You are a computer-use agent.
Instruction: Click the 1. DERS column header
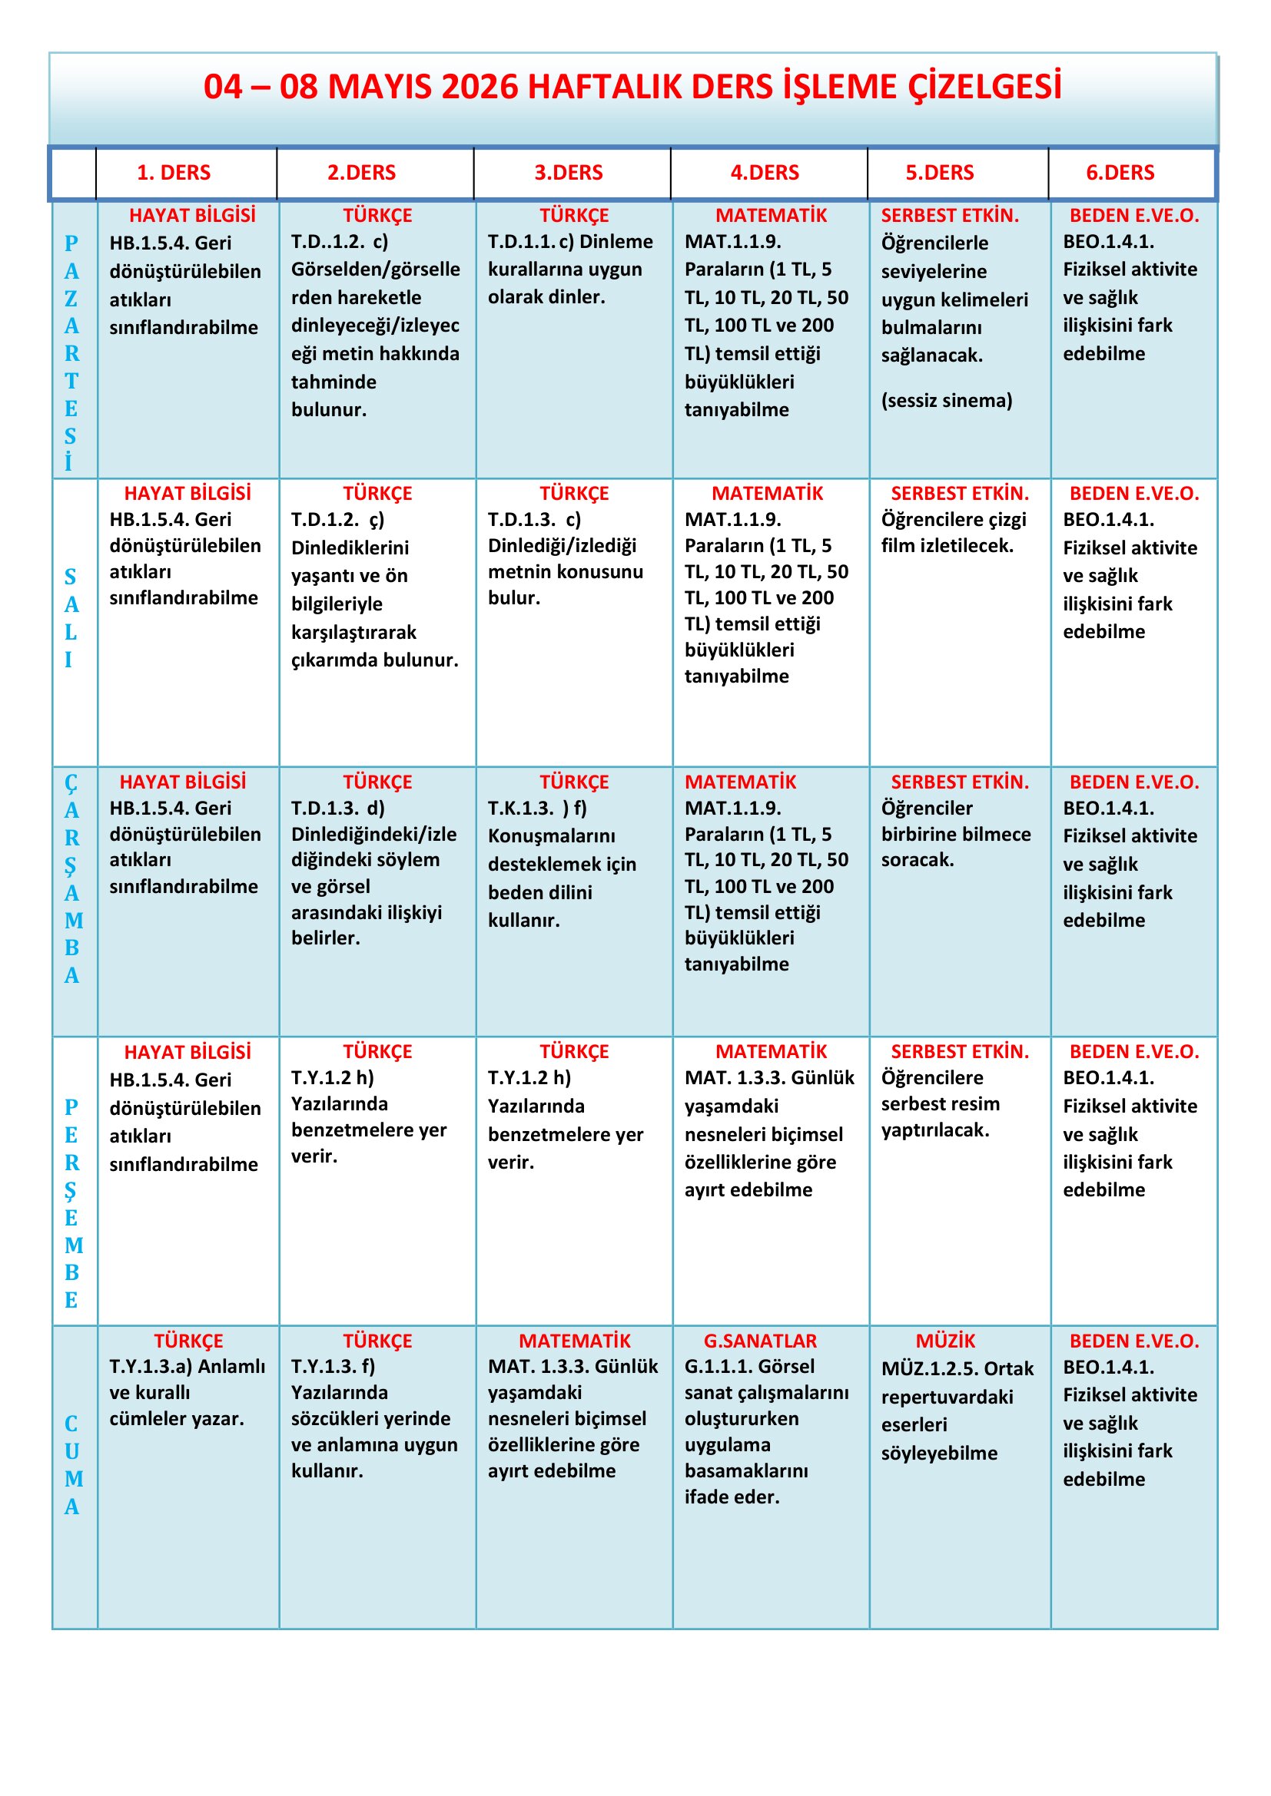(173, 173)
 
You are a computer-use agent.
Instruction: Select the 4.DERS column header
(764, 173)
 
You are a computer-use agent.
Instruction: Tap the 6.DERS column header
(1119, 173)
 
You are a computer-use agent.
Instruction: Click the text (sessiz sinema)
(946, 401)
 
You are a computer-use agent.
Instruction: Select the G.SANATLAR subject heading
(759, 1341)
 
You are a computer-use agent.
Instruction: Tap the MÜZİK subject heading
(944, 1341)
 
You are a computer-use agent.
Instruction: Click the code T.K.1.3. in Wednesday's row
(520, 808)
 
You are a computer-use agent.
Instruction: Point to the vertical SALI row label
(71, 618)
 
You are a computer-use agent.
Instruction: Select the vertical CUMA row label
(71, 1464)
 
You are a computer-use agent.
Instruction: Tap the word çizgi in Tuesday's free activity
(1002, 519)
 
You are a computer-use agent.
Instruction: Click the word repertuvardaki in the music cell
(946, 1397)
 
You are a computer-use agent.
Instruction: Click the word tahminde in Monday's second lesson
(334, 382)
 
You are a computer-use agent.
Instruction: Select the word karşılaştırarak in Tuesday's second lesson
(353, 632)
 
